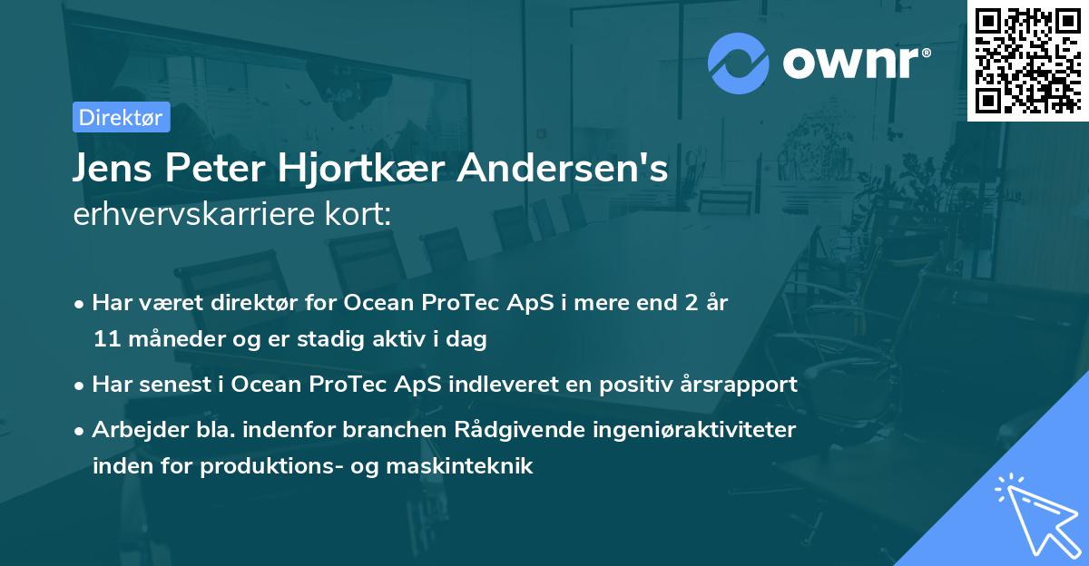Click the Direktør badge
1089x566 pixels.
pyautogui.click(x=121, y=117)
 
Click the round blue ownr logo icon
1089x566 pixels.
pyautogui.click(x=739, y=63)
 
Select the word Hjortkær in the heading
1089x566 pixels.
pyautogui.click(x=350, y=169)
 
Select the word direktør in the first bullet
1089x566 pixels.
pyautogui.click(x=258, y=302)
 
